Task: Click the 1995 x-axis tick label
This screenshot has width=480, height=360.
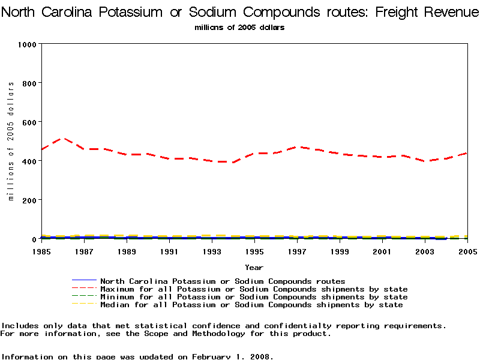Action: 254,251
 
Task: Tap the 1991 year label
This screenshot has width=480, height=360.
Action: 169,251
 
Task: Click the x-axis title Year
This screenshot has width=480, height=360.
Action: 254,267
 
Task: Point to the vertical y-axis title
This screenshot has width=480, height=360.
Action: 11,141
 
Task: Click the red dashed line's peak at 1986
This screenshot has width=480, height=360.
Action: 62,139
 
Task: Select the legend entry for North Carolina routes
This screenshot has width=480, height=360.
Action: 223,281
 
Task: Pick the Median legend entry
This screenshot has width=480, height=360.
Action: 251,305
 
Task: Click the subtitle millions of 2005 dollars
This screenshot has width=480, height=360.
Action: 239,28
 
